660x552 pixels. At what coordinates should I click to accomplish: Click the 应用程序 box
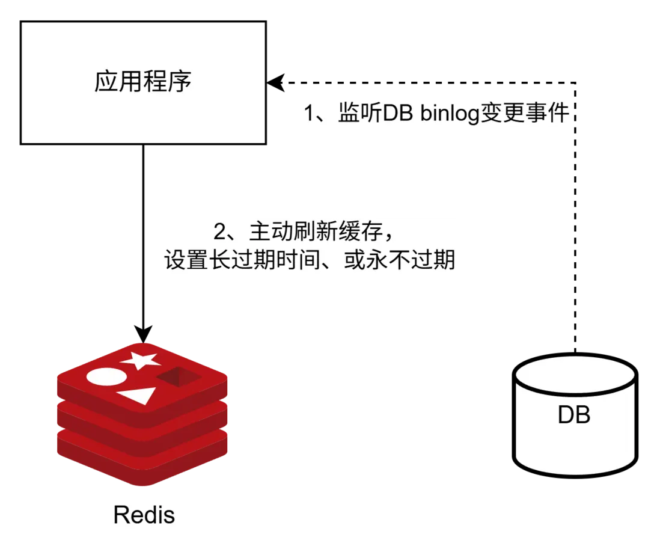(143, 82)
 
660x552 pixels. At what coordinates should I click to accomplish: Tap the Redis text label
(144, 515)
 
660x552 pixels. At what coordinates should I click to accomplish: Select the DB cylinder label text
(574, 415)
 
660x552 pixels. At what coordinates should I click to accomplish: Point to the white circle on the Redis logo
(106, 377)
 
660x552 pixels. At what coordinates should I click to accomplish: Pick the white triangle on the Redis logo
(138, 395)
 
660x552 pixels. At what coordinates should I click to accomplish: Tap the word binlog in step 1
(447, 112)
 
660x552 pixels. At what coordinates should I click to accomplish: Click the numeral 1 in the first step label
(309, 112)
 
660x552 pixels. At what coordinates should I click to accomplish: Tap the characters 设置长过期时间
(240, 261)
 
